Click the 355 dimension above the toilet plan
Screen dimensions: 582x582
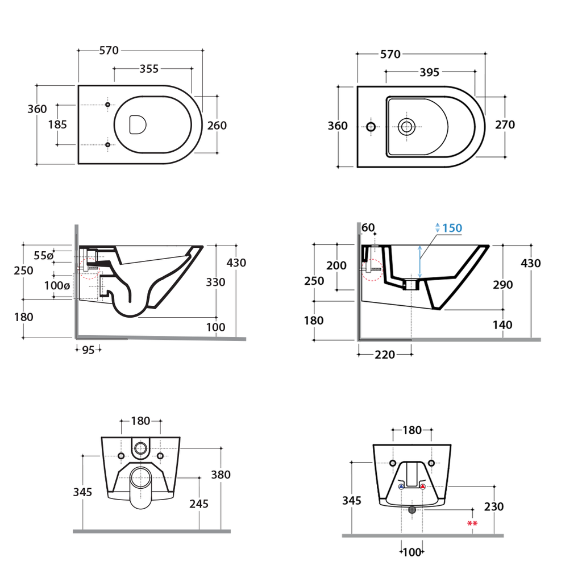149,69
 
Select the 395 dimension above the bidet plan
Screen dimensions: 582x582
430,72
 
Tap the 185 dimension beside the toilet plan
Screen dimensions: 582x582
57,124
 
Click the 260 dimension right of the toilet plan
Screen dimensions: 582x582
217,126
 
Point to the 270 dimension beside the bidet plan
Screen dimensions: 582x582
505,124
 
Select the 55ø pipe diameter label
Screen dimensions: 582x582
43,255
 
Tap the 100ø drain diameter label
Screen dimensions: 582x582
57,285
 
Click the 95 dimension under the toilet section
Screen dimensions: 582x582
88,350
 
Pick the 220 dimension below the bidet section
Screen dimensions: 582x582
385,355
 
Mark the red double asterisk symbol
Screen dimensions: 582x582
472,523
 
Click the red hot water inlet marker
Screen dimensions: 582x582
423,487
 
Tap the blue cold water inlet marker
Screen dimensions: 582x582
401,487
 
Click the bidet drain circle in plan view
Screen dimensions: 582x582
406,127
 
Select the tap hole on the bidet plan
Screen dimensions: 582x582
371,127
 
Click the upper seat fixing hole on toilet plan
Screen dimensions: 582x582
107,105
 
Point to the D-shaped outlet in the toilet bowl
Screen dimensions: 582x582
138,124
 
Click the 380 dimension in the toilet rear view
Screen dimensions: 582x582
221,475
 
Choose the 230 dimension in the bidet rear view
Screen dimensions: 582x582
494,506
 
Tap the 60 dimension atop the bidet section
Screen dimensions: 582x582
368,227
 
